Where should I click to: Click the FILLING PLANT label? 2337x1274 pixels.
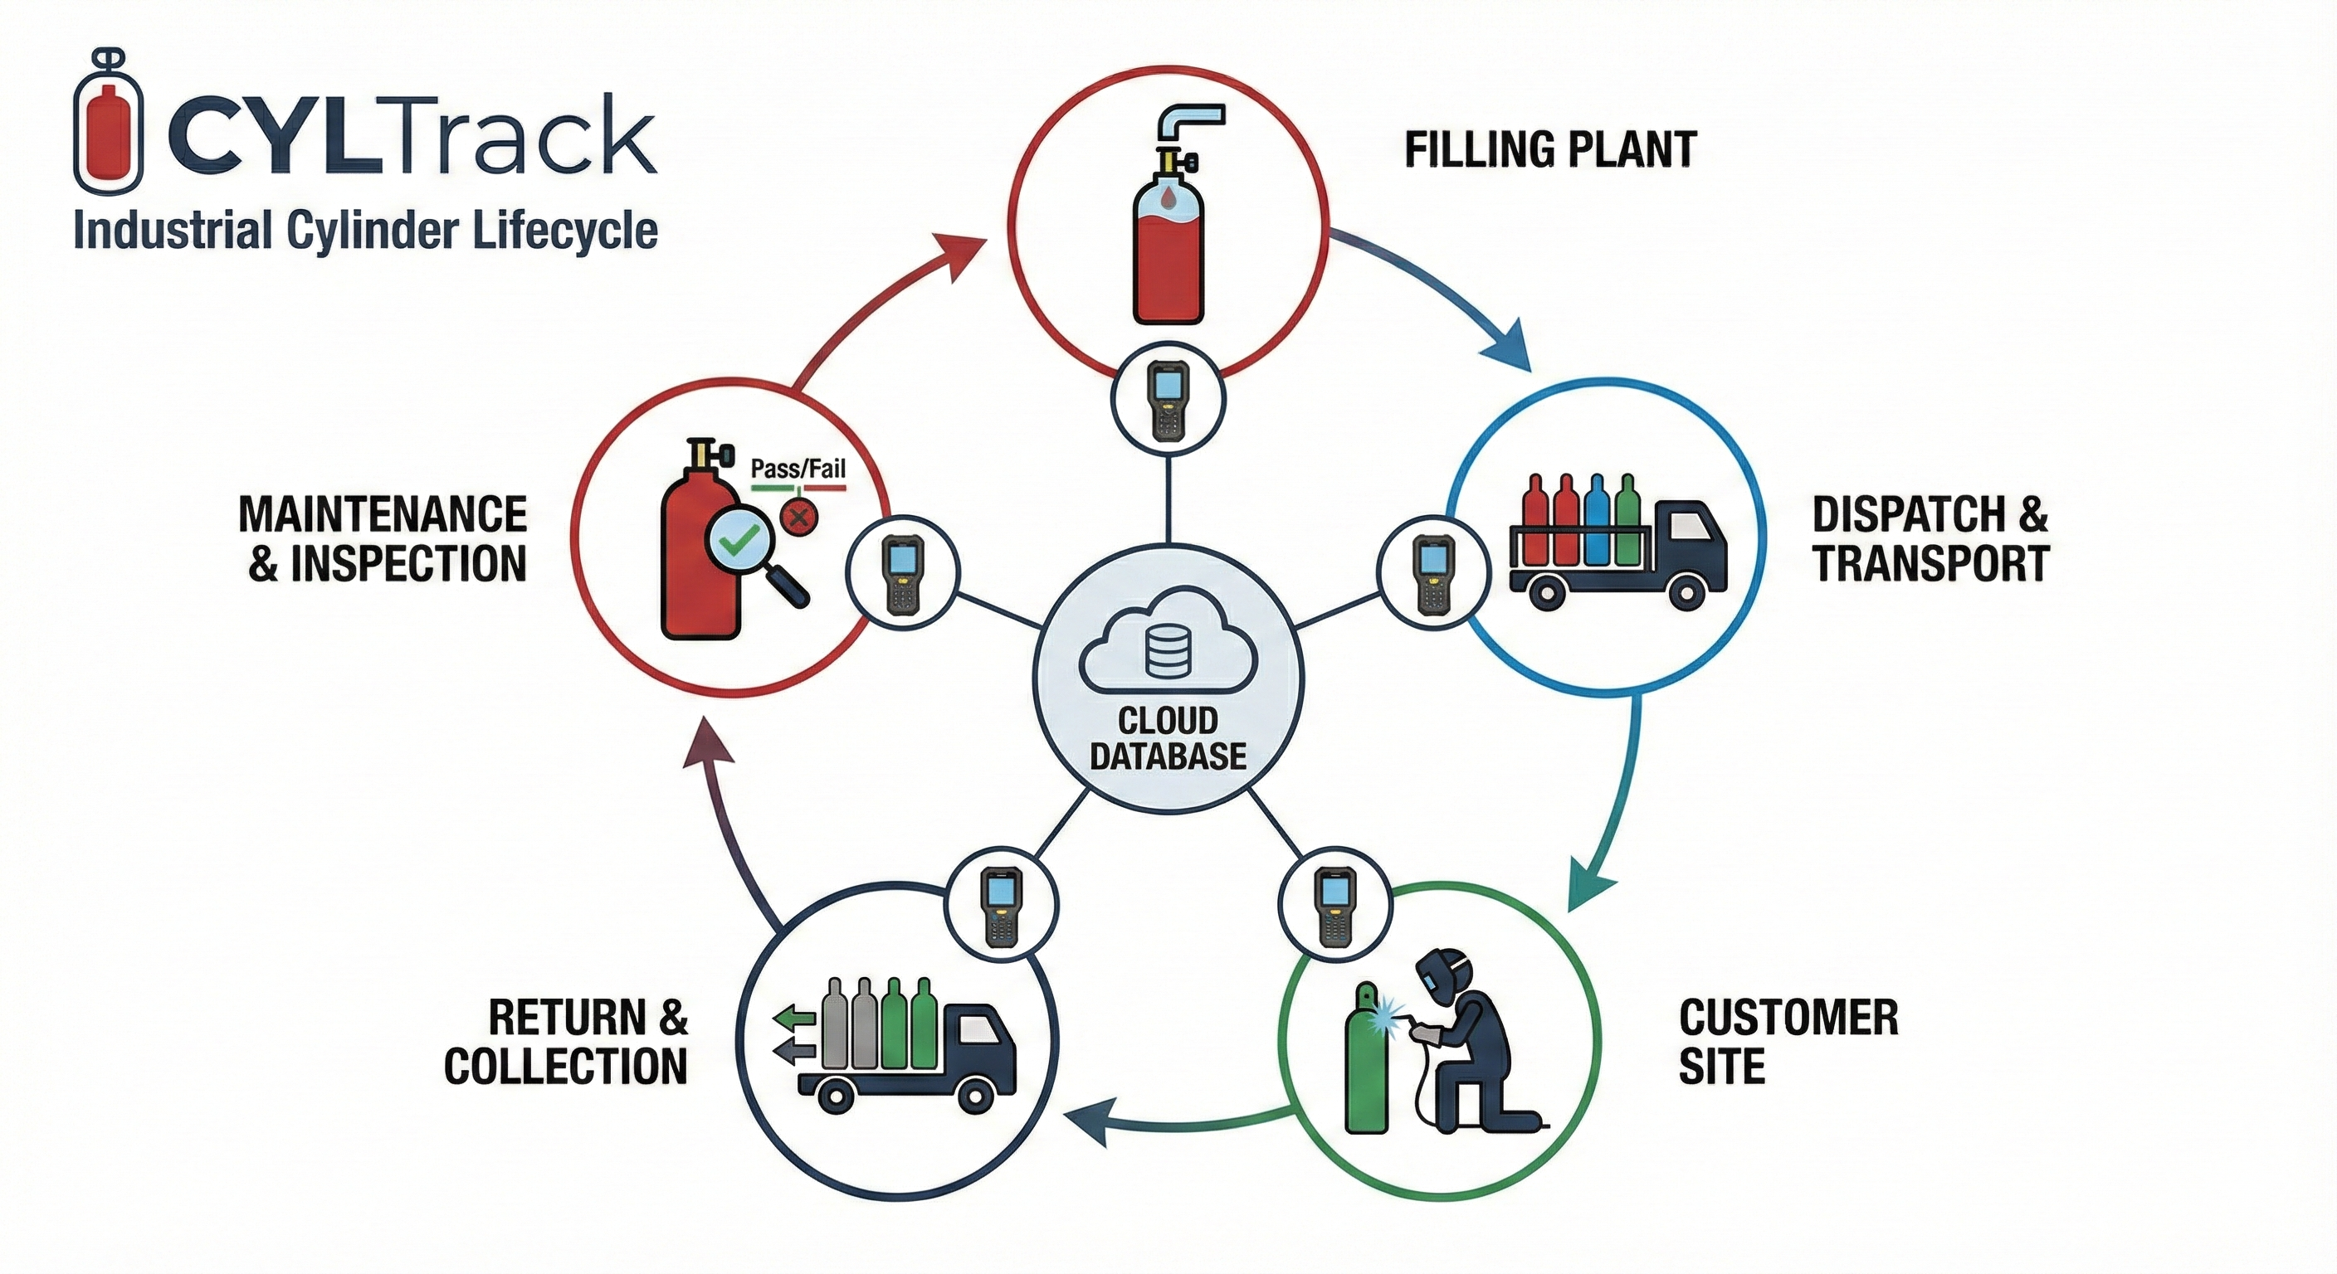(1550, 150)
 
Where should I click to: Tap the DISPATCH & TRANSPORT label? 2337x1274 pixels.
(1930, 538)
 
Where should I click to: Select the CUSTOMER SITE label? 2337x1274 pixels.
(1788, 1041)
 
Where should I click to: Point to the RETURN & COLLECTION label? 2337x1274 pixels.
(566, 1041)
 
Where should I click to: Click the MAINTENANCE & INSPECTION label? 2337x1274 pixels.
(383, 538)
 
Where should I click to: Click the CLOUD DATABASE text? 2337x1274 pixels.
(1168, 737)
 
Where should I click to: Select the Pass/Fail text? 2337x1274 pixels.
(798, 469)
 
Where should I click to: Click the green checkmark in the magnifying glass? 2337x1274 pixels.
(737, 544)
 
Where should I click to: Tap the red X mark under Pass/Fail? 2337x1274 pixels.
(798, 518)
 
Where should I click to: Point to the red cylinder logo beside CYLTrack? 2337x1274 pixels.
(108, 123)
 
